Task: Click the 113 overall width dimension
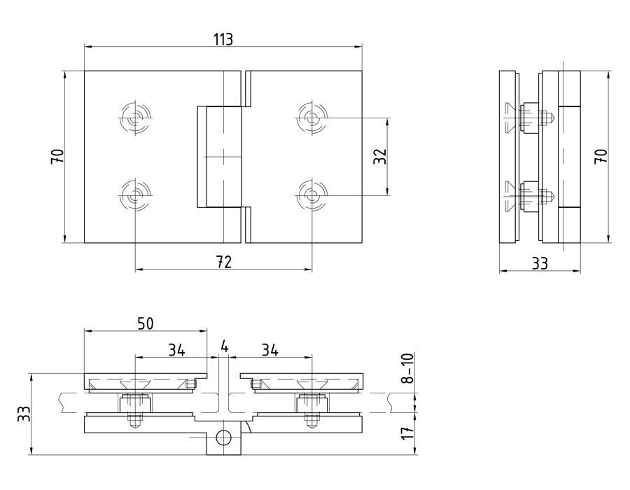coord(223,38)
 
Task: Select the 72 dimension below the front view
coord(223,262)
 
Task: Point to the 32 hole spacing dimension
coord(379,155)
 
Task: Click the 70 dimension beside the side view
coord(600,155)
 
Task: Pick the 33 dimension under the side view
coord(540,264)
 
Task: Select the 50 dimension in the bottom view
coord(145,323)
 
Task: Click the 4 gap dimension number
coord(223,346)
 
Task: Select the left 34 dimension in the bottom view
coord(176,349)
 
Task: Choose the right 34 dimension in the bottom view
coord(270,349)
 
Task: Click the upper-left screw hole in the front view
coord(134,116)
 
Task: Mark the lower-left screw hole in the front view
coord(134,194)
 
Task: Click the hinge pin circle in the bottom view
coord(223,438)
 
